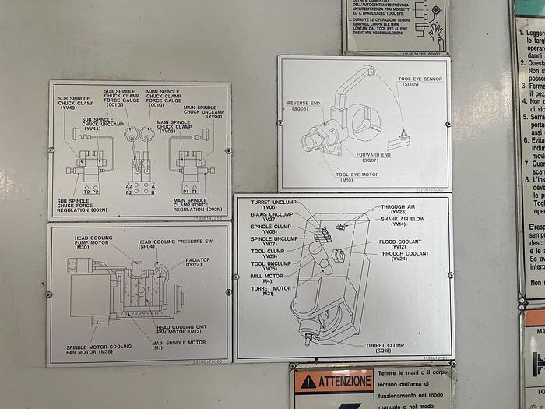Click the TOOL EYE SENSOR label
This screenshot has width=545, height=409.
420,81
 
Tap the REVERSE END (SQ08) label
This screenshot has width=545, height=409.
304,106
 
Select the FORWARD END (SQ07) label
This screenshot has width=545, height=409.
374,157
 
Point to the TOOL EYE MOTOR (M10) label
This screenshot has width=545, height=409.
357,177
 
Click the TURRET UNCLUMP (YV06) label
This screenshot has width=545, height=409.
269,205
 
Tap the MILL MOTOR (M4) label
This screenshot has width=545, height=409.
267,278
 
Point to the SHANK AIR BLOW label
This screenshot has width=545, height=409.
403,221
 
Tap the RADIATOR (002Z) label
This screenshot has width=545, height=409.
198,263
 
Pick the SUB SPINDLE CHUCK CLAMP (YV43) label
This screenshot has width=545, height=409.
79,104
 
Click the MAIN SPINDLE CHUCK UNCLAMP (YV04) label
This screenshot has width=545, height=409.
203,112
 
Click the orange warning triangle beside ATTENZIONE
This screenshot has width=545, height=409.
309,383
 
